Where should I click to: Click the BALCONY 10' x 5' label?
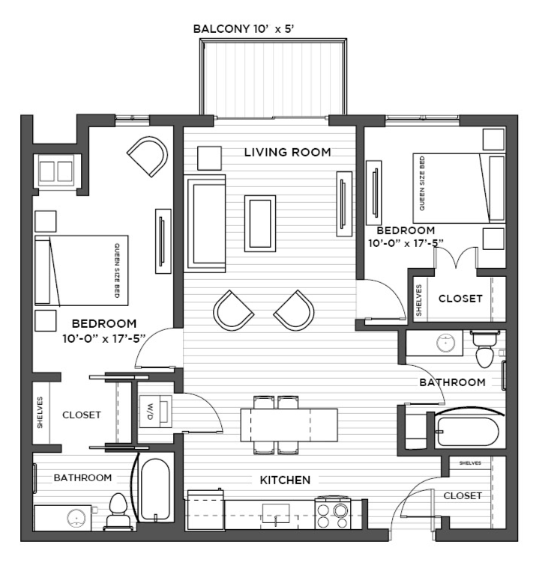pos(243,28)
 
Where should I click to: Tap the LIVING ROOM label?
pos(287,152)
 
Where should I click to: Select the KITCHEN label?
pos(285,480)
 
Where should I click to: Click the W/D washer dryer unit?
pos(155,412)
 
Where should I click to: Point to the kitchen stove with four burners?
pos(332,513)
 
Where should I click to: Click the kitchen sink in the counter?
pos(276,513)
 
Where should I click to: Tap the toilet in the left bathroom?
pos(118,511)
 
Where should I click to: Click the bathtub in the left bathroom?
pos(155,489)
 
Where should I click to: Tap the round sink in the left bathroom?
pos(76,518)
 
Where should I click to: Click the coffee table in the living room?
pos(260,224)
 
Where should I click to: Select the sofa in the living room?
pos(205,224)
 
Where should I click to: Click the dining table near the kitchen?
pos(289,424)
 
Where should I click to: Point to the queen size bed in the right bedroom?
pos(459,189)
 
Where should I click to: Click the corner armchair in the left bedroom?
pos(148,156)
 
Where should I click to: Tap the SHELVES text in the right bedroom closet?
pos(419,300)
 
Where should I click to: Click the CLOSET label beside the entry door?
pos(463,496)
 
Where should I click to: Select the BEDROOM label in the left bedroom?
pos(104,323)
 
